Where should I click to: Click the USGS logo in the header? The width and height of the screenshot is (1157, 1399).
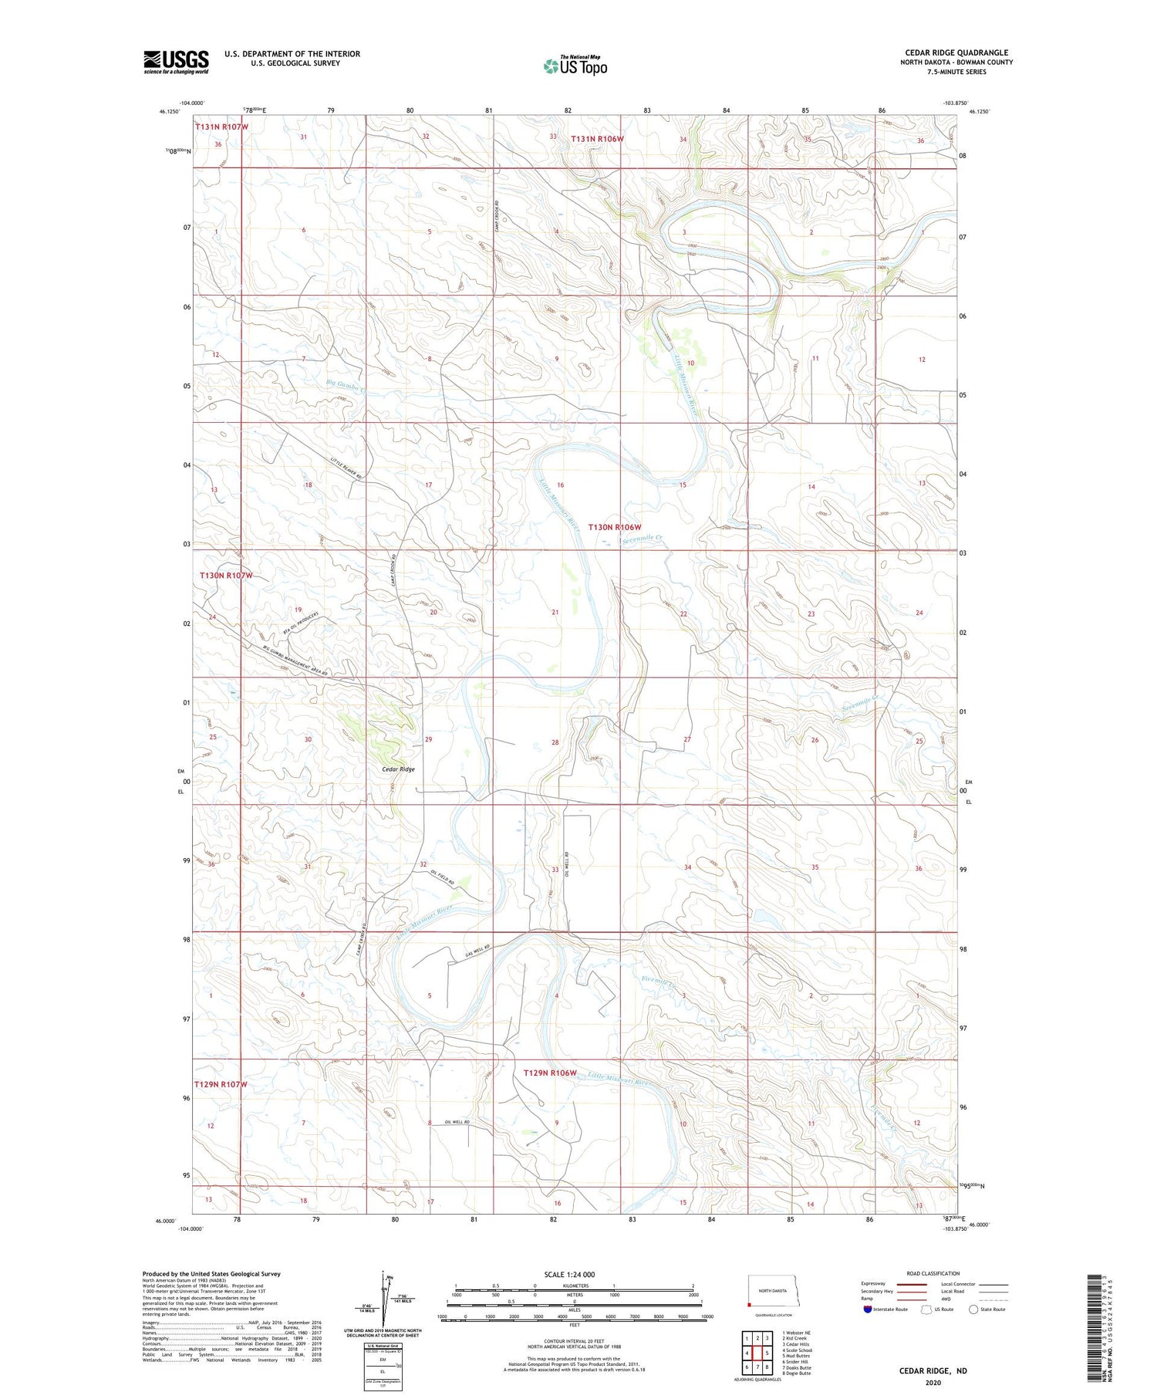[176, 62]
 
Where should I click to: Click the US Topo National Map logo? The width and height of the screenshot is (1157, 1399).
[575, 66]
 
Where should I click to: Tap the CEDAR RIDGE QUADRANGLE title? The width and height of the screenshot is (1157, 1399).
[956, 52]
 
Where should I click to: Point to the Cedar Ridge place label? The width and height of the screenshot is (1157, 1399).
[398, 769]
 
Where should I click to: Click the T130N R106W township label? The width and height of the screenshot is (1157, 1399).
[615, 527]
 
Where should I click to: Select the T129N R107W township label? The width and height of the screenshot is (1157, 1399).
[221, 1084]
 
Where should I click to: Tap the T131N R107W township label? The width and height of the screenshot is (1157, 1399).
[221, 126]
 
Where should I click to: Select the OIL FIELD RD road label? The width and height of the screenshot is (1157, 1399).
[442, 877]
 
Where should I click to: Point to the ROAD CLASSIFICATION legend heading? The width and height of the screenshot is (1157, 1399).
[933, 1273]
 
